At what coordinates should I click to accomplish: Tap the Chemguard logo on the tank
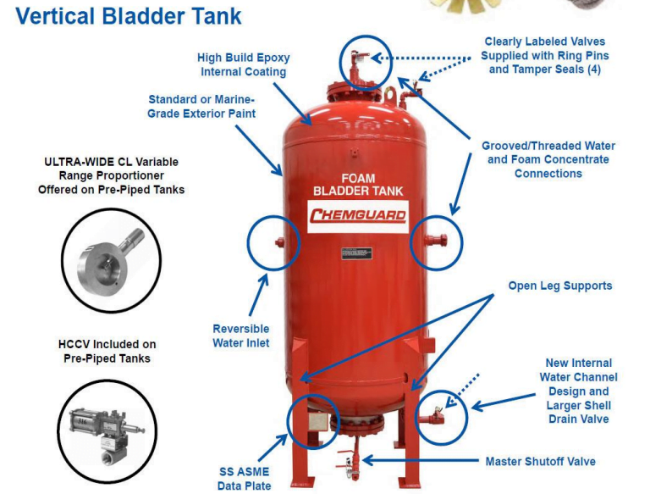point(356,215)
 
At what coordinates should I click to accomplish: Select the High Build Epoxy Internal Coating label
point(243,64)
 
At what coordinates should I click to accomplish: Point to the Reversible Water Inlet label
point(240,336)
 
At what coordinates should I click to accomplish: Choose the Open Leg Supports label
point(559,286)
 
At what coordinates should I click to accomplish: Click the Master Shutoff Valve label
point(540,462)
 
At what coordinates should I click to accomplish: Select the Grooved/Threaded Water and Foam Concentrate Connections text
point(548,159)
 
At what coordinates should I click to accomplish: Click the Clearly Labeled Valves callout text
point(544,55)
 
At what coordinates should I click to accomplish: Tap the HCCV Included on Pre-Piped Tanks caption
point(110,351)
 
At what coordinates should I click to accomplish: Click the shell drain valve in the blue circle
point(438,414)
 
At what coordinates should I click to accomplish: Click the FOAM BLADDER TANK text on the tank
point(356,184)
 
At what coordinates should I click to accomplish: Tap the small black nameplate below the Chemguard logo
point(356,253)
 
